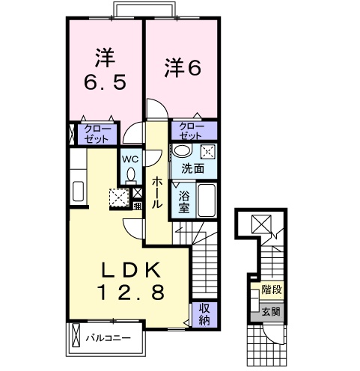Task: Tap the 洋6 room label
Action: [182, 67]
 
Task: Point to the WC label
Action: [130, 159]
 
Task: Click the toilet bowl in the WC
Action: [131, 175]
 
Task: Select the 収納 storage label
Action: [202, 314]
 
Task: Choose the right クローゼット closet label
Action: [192, 130]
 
